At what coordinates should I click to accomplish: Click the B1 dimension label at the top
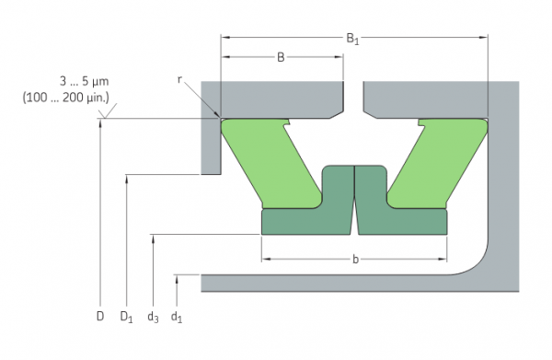pyautogui.click(x=352, y=39)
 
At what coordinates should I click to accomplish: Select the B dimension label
pyautogui.click(x=281, y=57)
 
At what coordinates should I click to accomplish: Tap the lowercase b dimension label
pyautogui.click(x=355, y=260)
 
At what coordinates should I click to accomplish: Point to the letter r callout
pyautogui.click(x=179, y=80)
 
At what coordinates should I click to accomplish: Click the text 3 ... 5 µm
pyautogui.click(x=84, y=82)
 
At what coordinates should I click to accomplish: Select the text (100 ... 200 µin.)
pyautogui.click(x=66, y=98)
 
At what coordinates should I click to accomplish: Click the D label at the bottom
pyautogui.click(x=100, y=317)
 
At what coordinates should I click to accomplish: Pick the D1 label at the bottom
pyautogui.click(x=126, y=317)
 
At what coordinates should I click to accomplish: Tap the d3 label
pyautogui.click(x=153, y=317)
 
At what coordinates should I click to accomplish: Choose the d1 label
pyautogui.click(x=177, y=317)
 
